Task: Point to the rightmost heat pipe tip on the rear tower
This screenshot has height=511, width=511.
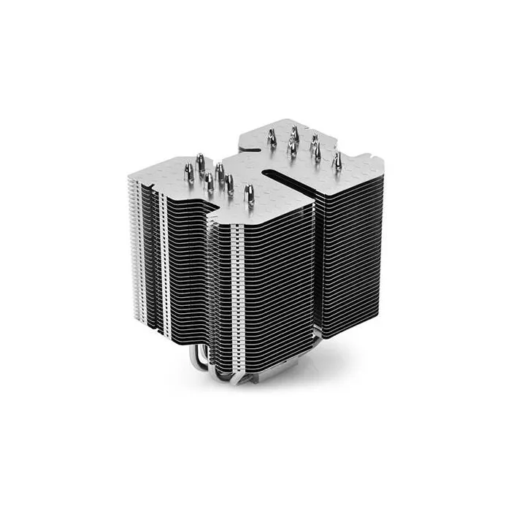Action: pos(338,159)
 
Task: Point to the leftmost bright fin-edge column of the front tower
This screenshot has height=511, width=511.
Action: pos(131,241)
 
